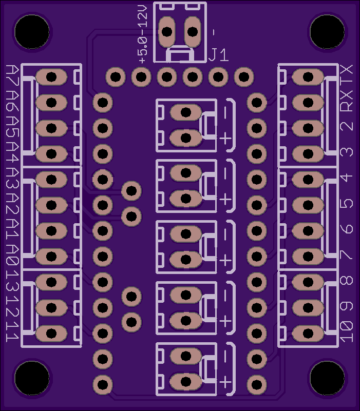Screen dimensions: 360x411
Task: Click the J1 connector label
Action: (x=218, y=55)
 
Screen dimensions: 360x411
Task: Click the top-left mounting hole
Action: (x=32, y=32)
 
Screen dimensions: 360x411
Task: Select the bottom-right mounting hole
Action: (x=327, y=378)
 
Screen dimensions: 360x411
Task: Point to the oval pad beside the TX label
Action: (x=308, y=77)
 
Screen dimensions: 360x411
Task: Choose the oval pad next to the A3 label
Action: (x=51, y=180)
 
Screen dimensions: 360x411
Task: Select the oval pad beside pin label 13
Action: (x=51, y=282)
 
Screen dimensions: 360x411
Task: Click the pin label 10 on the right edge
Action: (x=347, y=332)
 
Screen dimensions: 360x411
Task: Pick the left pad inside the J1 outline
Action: (x=167, y=32)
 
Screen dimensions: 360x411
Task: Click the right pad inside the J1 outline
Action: (x=193, y=32)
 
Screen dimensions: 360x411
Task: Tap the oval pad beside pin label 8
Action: (x=308, y=282)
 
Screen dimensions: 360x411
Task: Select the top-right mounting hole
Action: (x=327, y=32)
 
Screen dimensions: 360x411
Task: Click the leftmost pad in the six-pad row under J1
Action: (x=116, y=77)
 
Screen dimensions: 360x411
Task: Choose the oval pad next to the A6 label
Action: (x=51, y=103)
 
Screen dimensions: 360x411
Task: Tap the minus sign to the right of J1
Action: (x=214, y=32)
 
